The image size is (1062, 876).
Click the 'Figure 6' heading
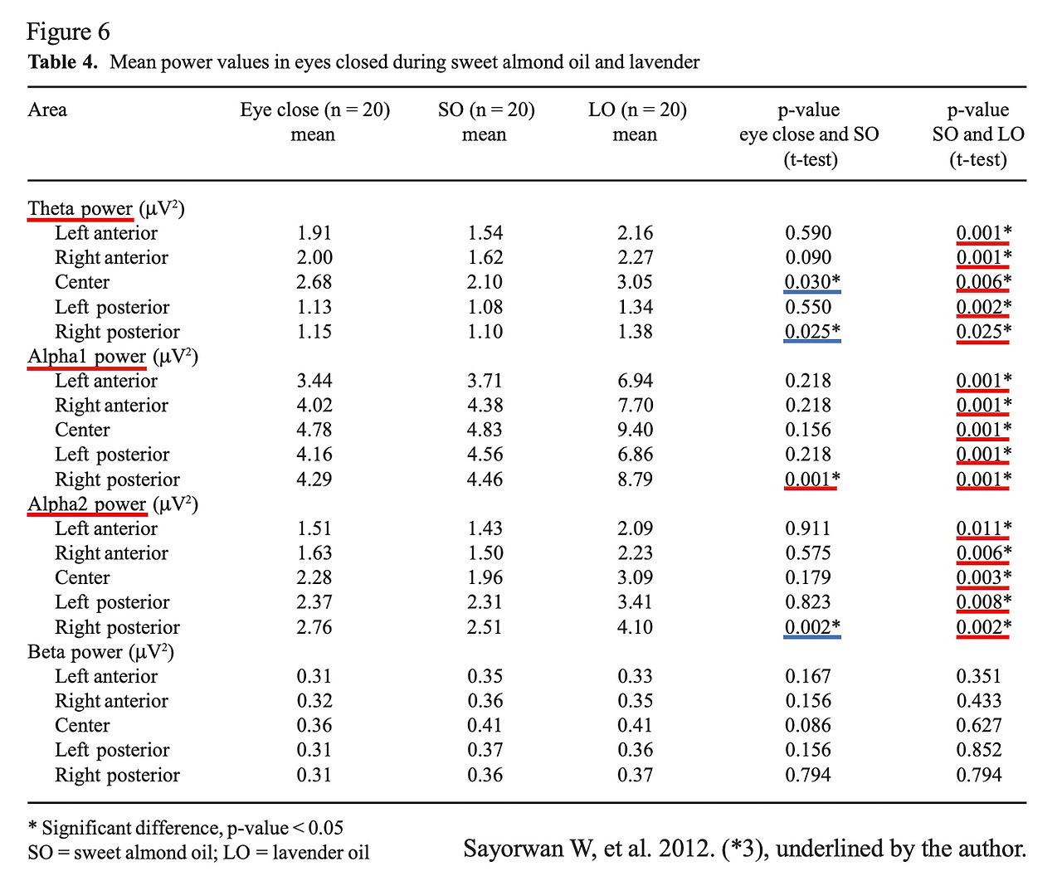(x=68, y=32)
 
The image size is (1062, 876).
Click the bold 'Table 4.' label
(x=63, y=62)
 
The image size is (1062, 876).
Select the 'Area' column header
(x=47, y=110)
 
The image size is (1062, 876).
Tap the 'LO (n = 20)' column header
(x=637, y=110)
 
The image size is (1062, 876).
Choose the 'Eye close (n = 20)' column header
(x=314, y=110)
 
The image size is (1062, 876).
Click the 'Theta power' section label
(x=80, y=208)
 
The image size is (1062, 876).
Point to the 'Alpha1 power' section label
(x=87, y=357)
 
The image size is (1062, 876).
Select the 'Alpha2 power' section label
(x=87, y=504)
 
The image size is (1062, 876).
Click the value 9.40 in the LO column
(x=635, y=431)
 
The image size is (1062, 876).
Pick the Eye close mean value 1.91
(x=314, y=233)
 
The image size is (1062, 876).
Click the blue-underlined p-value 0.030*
(x=812, y=282)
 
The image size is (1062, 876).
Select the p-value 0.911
(x=807, y=529)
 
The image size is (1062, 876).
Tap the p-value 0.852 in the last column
(x=978, y=751)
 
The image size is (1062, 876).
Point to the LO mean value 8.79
(x=635, y=479)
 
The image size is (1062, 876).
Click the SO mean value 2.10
(x=485, y=282)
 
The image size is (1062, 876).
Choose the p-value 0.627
(x=978, y=726)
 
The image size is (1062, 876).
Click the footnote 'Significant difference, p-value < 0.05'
(x=192, y=828)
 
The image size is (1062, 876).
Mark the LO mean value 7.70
(x=635, y=406)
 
